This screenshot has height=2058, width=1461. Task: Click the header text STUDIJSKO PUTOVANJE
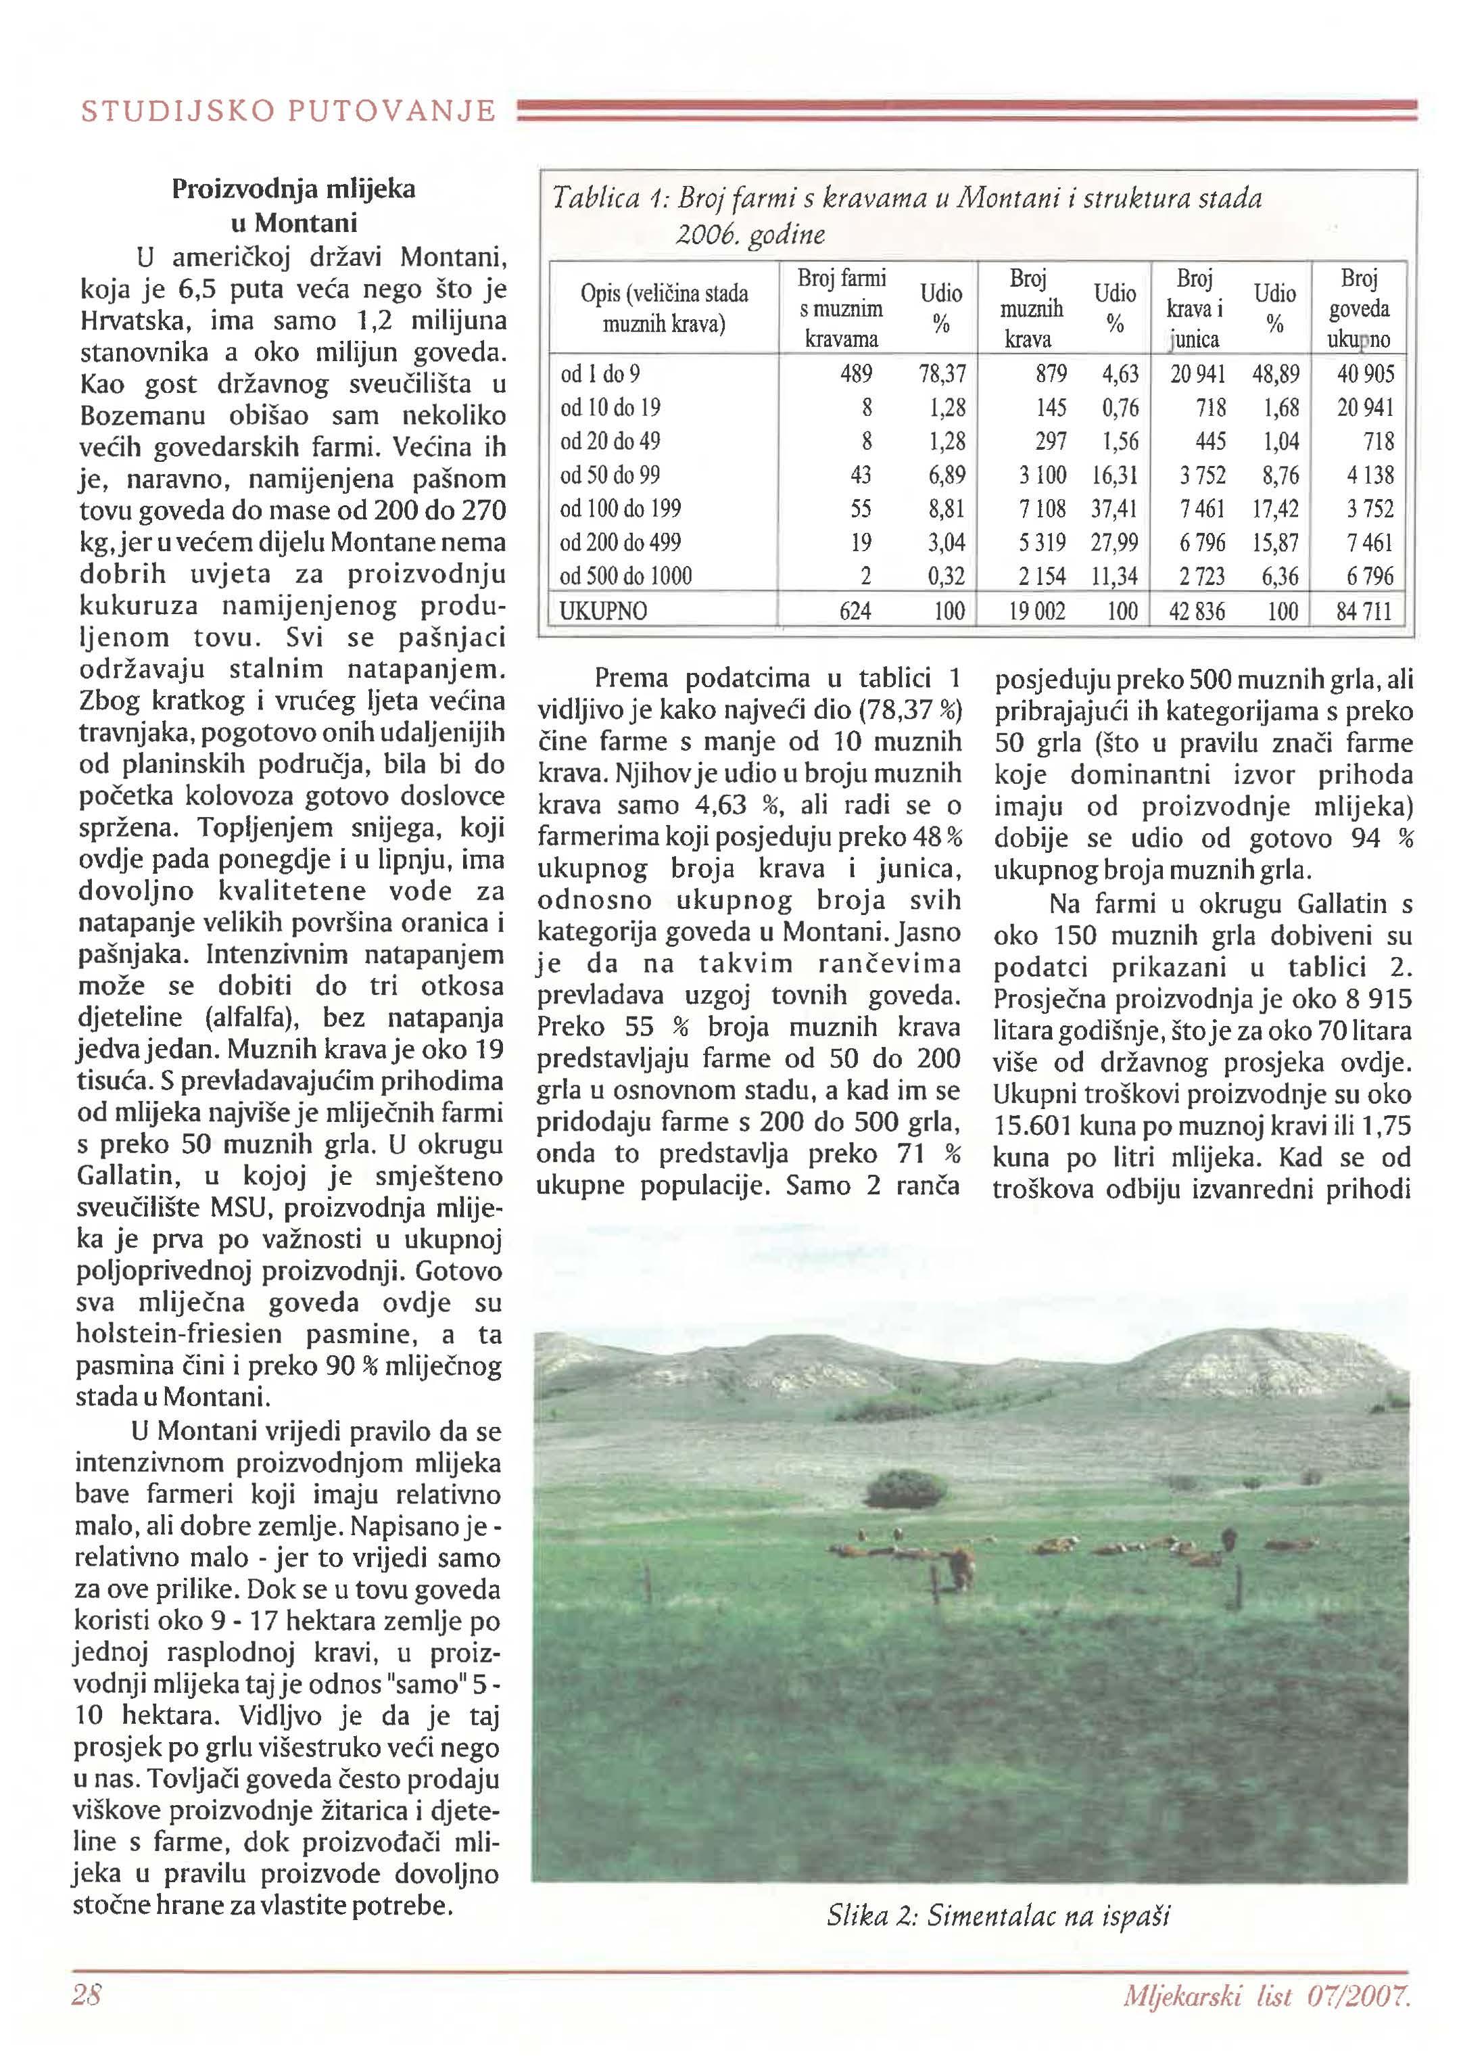[288, 112]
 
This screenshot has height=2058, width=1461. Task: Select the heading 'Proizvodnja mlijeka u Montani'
[293, 205]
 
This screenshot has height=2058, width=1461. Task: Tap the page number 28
[87, 1995]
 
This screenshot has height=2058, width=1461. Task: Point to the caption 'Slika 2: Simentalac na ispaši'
[998, 1916]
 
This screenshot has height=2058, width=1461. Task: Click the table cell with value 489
[855, 373]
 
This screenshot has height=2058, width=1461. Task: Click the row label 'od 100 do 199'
[620, 509]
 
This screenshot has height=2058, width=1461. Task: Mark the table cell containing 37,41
[1115, 509]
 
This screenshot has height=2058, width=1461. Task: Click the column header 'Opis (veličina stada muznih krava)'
[664, 308]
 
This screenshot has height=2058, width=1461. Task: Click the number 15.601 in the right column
[1041, 1127]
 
